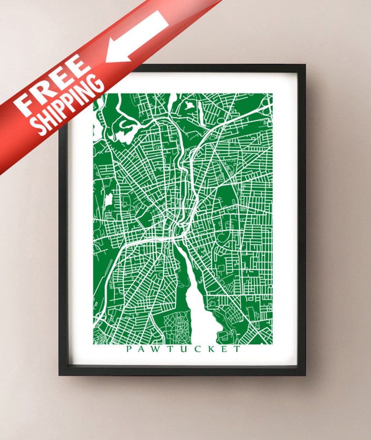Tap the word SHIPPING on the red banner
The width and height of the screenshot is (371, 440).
click(x=69, y=105)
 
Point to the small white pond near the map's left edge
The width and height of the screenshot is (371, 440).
click(x=109, y=199)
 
